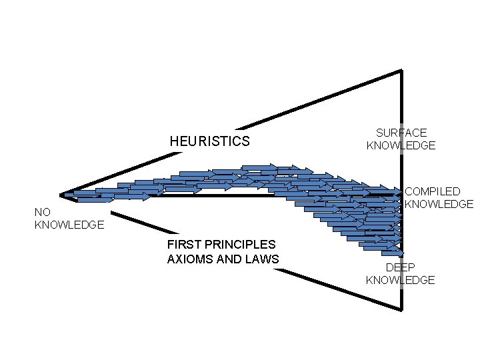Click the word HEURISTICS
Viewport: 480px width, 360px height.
point(209,141)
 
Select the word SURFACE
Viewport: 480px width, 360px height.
point(401,133)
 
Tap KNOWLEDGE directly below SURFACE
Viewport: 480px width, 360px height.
point(401,145)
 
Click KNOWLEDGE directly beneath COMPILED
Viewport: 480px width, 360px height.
point(439,204)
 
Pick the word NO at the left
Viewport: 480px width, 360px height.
point(42,213)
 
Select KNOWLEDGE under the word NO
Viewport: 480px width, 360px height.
point(69,225)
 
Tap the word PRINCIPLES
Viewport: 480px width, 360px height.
point(241,245)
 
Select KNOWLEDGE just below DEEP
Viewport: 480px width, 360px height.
point(400,280)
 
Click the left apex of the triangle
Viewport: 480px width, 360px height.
point(61,195)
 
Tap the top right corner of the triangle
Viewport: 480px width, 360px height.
point(401,71)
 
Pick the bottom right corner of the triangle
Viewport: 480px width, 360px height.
point(401,309)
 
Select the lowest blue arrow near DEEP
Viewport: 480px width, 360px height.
point(392,253)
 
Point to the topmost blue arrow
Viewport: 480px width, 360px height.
point(259,167)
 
